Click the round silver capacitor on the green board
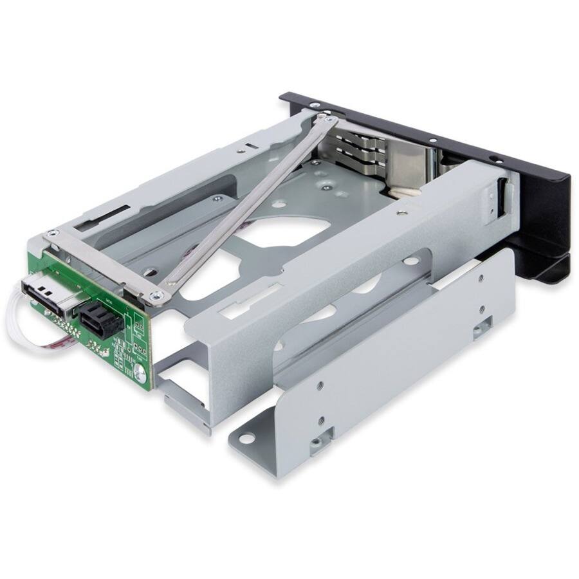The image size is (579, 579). pos(140,371)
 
